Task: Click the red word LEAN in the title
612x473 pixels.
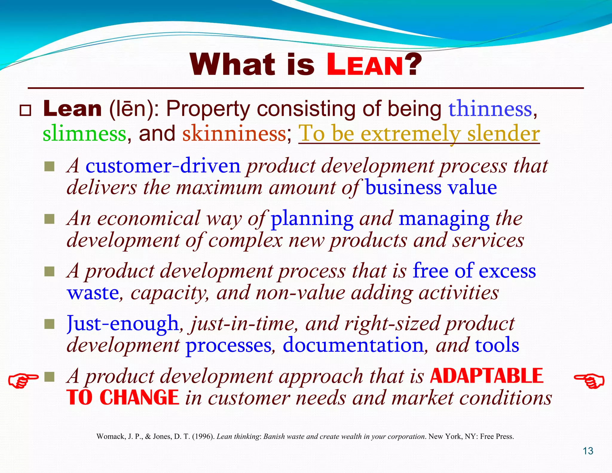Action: [365, 65]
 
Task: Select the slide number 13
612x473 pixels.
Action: [588, 451]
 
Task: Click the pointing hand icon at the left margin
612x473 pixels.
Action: [23, 380]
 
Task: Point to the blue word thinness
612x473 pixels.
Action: [490, 109]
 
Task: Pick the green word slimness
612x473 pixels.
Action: [85, 134]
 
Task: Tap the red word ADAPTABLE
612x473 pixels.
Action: [486, 376]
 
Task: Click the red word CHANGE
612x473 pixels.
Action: [139, 398]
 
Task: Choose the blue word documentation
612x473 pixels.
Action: [353, 345]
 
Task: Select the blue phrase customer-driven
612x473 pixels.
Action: [163, 166]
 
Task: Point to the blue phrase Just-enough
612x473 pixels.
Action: [123, 324]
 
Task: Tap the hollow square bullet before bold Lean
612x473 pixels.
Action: [25, 110]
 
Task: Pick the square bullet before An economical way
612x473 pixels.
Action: [49, 219]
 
